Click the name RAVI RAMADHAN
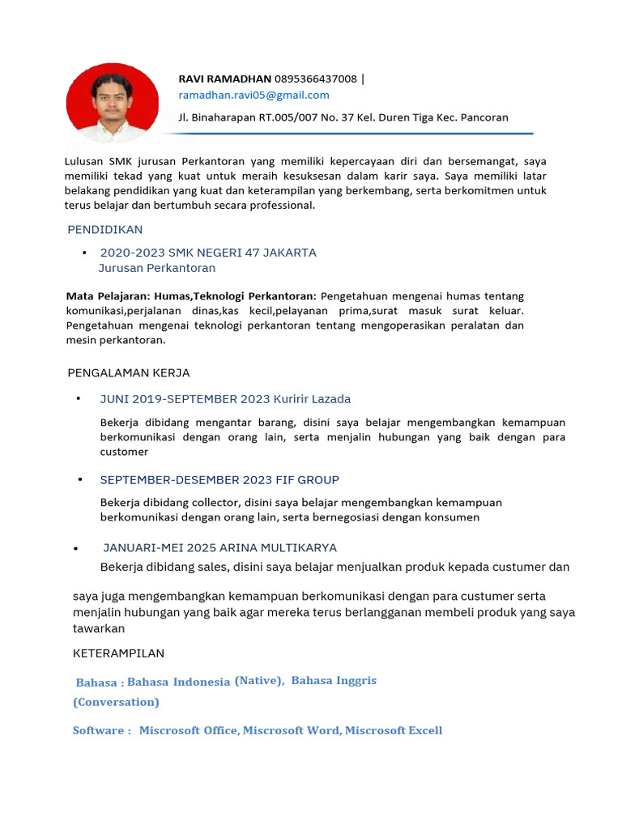(x=224, y=79)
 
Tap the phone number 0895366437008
(x=315, y=79)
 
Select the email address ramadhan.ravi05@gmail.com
(x=253, y=95)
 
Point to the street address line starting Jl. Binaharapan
(x=343, y=117)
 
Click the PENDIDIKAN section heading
(x=104, y=230)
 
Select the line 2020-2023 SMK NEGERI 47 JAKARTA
(x=207, y=253)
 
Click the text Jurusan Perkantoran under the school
(x=156, y=268)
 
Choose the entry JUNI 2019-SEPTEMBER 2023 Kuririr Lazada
(x=225, y=399)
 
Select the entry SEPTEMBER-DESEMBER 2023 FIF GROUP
(x=219, y=479)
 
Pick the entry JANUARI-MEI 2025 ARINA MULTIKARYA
(x=219, y=548)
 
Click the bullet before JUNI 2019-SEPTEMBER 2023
(x=79, y=398)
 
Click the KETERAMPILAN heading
(x=118, y=653)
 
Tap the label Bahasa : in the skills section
(x=99, y=682)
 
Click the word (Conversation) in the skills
(x=116, y=702)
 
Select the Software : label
(x=101, y=730)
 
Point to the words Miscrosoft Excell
(x=394, y=730)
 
